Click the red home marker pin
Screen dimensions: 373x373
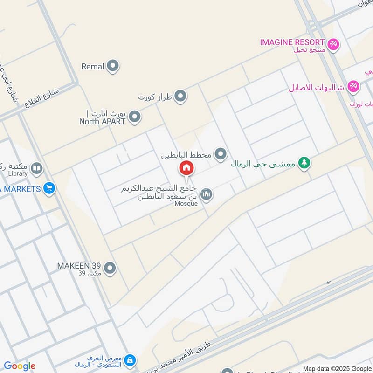186,168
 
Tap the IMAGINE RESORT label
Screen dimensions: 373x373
292,42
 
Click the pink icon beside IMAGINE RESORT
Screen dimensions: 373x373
333,44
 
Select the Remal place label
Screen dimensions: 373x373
92,67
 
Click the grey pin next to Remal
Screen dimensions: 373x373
112,67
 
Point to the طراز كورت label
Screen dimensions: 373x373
155,97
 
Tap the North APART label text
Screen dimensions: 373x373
102,121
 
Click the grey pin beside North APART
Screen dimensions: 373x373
135,117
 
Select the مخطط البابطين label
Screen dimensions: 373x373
186,155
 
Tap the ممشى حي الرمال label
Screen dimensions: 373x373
263,164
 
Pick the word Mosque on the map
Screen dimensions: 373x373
188,203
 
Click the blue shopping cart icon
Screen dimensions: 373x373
49,189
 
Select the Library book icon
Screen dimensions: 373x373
37,168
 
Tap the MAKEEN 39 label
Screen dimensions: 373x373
79,266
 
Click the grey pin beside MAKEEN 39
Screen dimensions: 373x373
110,268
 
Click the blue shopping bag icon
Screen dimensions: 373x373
131,360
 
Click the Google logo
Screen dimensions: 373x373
20,366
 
